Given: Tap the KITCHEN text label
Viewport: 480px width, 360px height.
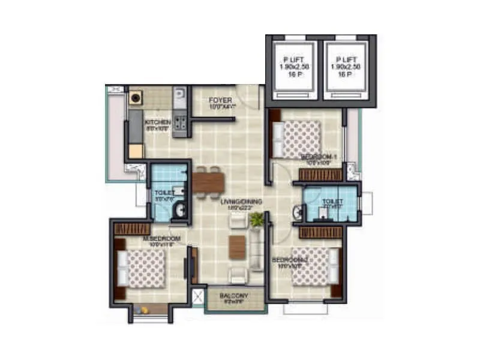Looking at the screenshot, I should pos(158,124).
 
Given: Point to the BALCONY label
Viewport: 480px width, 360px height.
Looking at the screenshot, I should pos(234,296).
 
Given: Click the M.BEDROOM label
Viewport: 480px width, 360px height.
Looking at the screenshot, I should pos(161,239).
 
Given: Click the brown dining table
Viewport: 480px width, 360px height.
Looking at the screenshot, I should pos(208,180).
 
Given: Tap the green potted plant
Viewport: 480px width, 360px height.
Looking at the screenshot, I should pos(257,219).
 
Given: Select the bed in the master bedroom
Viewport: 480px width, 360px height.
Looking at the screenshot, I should pos(145,268).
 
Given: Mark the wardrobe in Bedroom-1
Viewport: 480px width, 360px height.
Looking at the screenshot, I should pos(320,175).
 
